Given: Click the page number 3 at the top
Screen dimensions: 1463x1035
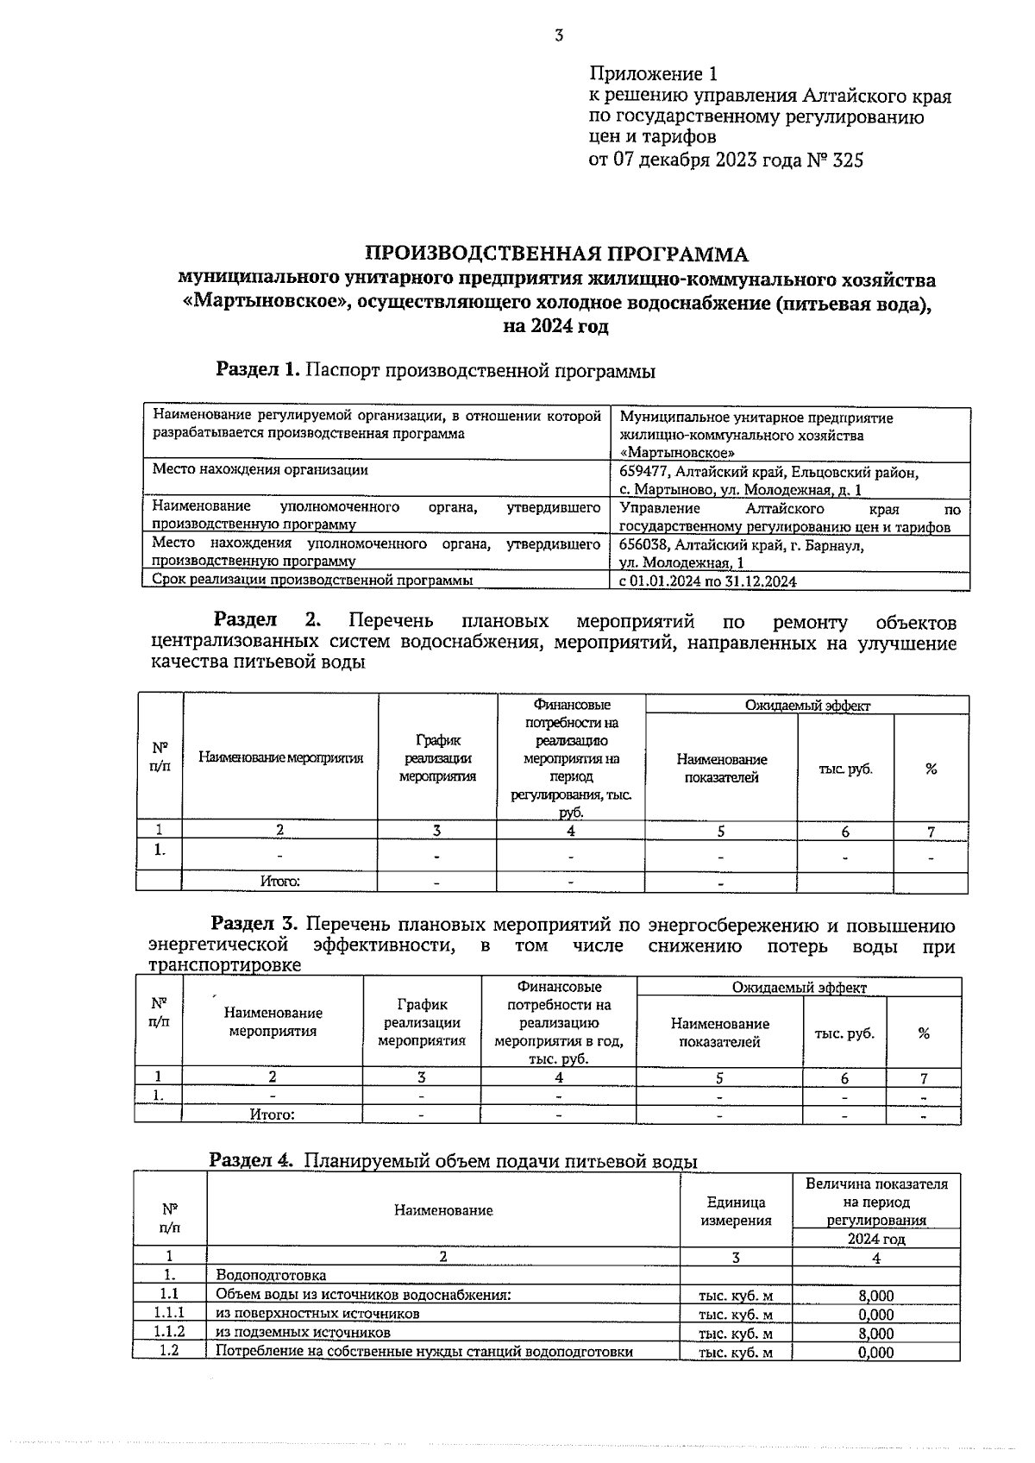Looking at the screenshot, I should coord(558,35).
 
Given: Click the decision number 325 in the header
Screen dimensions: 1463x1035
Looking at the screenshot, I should coord(847,160).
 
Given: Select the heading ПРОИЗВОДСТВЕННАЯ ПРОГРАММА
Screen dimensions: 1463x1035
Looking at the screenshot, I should coord(557,254).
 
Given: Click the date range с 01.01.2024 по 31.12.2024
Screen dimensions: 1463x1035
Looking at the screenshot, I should coord(707,581).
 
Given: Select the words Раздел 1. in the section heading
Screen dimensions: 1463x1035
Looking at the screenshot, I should coord(258,370).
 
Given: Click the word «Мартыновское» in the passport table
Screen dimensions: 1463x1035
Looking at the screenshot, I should coord(677,452).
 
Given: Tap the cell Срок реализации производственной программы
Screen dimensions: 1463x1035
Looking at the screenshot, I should coord(312,581).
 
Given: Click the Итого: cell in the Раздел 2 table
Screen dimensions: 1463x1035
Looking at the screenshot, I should coord(279,882).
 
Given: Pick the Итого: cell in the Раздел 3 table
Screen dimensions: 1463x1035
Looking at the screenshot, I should coord(272,1114).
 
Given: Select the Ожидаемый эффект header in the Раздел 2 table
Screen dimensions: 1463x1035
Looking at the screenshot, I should coord(807,705).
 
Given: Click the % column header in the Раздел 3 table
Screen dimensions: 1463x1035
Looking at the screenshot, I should coord(924,1033).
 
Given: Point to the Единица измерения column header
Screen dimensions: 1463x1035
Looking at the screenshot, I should coord(736,1211).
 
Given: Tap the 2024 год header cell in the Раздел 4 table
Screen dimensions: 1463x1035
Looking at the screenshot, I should coord(875,1239).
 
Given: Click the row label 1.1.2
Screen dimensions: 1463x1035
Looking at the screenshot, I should coord(169,1333).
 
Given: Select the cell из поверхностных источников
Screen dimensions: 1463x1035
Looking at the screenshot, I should coord(317,1314).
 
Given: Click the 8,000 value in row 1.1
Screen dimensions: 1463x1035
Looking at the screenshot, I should coord(875,1295).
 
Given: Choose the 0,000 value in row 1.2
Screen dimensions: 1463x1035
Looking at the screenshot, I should coord(875,1352).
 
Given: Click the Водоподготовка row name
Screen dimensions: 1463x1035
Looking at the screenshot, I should coord(271,1275).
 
